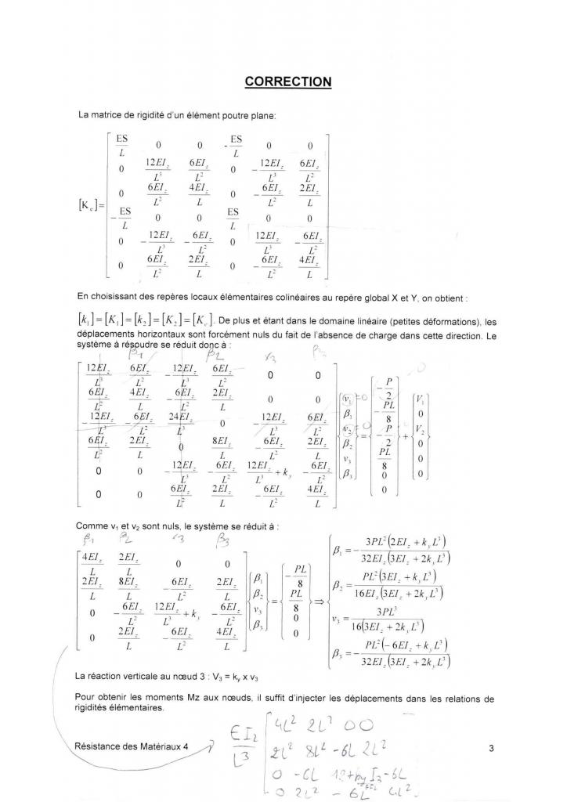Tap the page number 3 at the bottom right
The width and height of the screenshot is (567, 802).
point(491,748)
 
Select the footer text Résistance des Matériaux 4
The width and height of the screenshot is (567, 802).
point(134,746)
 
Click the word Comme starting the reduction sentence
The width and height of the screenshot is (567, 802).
point(92,526)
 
